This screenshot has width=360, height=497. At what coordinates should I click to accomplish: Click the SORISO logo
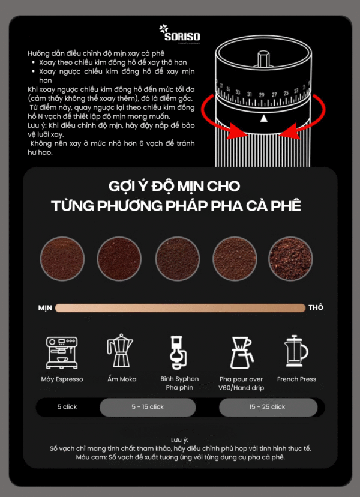coord(179,33)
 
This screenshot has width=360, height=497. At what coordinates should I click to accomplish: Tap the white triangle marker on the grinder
coord(263,118)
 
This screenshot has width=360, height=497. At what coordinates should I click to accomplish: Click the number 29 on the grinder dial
coord(262,95)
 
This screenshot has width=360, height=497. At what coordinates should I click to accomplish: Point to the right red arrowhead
coord(289,131)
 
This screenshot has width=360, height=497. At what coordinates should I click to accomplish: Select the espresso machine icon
coord(62,352)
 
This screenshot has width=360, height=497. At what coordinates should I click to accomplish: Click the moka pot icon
coord(119,351)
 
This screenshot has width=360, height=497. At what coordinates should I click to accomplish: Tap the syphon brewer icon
coord(178,352)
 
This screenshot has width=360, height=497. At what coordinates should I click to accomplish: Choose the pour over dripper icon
coord(241,352)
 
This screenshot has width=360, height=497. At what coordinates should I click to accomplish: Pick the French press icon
coord(296,351)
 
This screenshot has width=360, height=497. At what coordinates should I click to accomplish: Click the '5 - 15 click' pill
coord(148,407)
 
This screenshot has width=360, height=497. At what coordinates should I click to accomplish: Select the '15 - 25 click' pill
coord(268,407)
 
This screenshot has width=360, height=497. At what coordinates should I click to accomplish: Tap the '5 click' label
coord(67,407)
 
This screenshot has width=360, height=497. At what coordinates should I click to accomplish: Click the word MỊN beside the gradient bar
coord(45,308)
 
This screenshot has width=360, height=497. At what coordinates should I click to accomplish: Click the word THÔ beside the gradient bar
coord(316,307)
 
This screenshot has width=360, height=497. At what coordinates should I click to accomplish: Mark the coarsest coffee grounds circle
coord(290,258)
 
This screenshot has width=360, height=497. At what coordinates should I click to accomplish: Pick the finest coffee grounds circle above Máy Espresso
coord(62,258)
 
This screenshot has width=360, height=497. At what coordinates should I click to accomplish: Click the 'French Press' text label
coord(296,379)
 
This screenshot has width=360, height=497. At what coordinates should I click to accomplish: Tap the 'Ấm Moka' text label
coord(122,379)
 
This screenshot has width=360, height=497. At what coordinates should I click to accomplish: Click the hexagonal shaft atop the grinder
coord(263,59)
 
